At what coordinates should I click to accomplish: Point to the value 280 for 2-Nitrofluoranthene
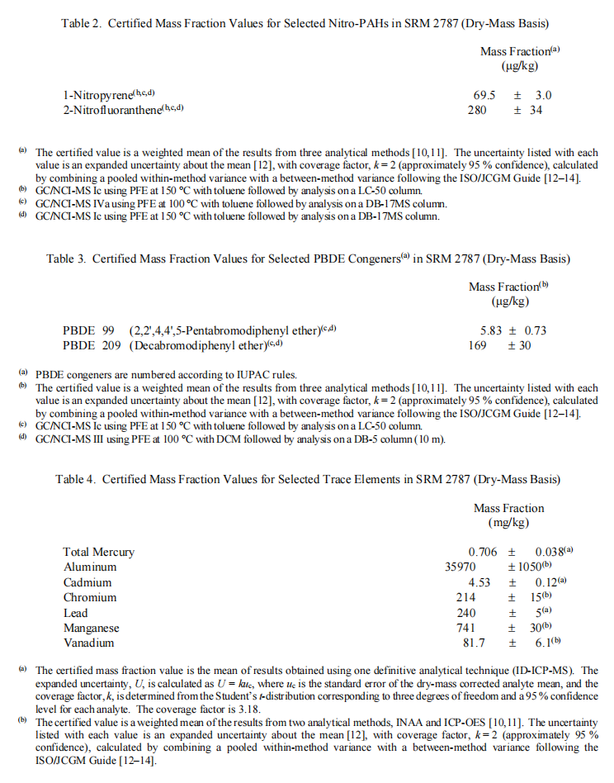point(477,110)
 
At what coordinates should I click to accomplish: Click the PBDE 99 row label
point(89,330)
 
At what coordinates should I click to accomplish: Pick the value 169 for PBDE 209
point(477,345)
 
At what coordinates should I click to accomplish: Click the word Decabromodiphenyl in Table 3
point(180,345)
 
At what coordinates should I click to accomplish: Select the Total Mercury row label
point(98,552)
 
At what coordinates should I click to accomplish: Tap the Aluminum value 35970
point(463,567)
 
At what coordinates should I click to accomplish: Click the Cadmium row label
point(87,582)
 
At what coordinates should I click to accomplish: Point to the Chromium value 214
point(466,597)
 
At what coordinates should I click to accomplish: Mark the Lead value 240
point(466,613)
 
